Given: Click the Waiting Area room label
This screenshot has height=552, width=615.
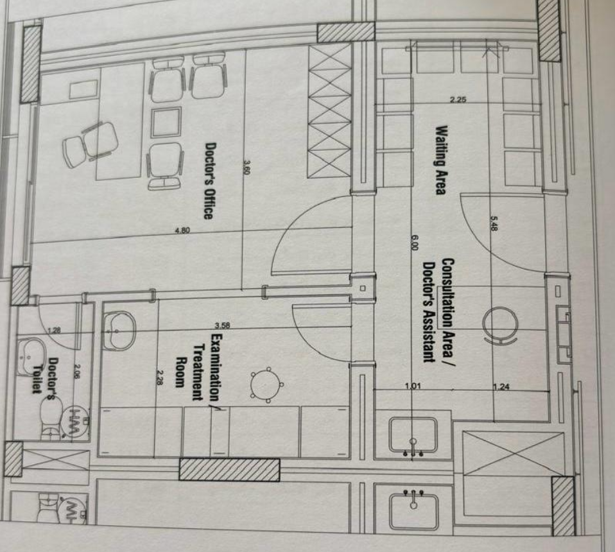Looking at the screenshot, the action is (x=442, y=160).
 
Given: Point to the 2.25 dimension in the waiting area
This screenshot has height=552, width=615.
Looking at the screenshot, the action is (x=458, y=99).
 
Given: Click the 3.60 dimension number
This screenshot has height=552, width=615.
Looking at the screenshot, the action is (x=247, y=168).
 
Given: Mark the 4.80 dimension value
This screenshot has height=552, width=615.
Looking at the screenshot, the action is (x=182, y=230).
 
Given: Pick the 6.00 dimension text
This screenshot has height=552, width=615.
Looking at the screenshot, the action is (x=415, y=243).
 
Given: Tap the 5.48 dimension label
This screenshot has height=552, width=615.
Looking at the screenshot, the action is (x=494, y=223).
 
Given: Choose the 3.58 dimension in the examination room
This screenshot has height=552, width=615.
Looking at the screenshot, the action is (x=222, y=325).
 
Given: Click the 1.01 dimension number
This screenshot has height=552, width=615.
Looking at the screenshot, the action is (x=413, y=386).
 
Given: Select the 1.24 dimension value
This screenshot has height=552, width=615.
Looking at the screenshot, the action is (x=501, y=387).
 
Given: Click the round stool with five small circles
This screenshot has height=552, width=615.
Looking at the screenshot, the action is (x=266, y=385).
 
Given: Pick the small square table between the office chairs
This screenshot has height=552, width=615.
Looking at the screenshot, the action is (x=166, y=123).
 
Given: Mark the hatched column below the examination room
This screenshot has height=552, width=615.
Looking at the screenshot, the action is (x=229, y=469).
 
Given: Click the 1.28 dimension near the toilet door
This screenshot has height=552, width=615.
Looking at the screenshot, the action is (x=54, y=331).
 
